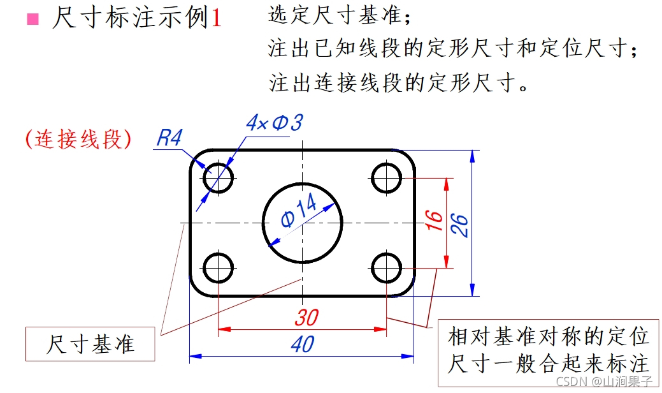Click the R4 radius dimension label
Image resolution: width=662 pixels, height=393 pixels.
pyautogui.click(x=169, y=138)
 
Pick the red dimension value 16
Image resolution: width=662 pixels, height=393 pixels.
pyautogui.click(x=433, y=219)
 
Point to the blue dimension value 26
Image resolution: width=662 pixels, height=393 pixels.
pyautogui.click(x=460, y=224)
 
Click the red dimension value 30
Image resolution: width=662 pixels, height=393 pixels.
pyautogui.click(x=306, y=318)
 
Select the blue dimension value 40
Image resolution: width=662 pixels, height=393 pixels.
pyautogui.click(x=303, y=345)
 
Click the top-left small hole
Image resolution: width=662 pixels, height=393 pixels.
pyautogui.click(x=219, y=177)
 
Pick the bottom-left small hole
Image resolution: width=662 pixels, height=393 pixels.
pyautogui.click(x=219, y=268)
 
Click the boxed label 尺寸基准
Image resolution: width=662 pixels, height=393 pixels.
pyautogui.click(x=90, y=345)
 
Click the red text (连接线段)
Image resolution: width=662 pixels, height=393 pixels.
pyautogui.click(x=78, y=139)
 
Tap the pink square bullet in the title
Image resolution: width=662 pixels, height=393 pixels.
pyautogui.click(x=32, y=19)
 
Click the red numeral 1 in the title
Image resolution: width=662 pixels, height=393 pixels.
pyautogui.click(x=217, y=19)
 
